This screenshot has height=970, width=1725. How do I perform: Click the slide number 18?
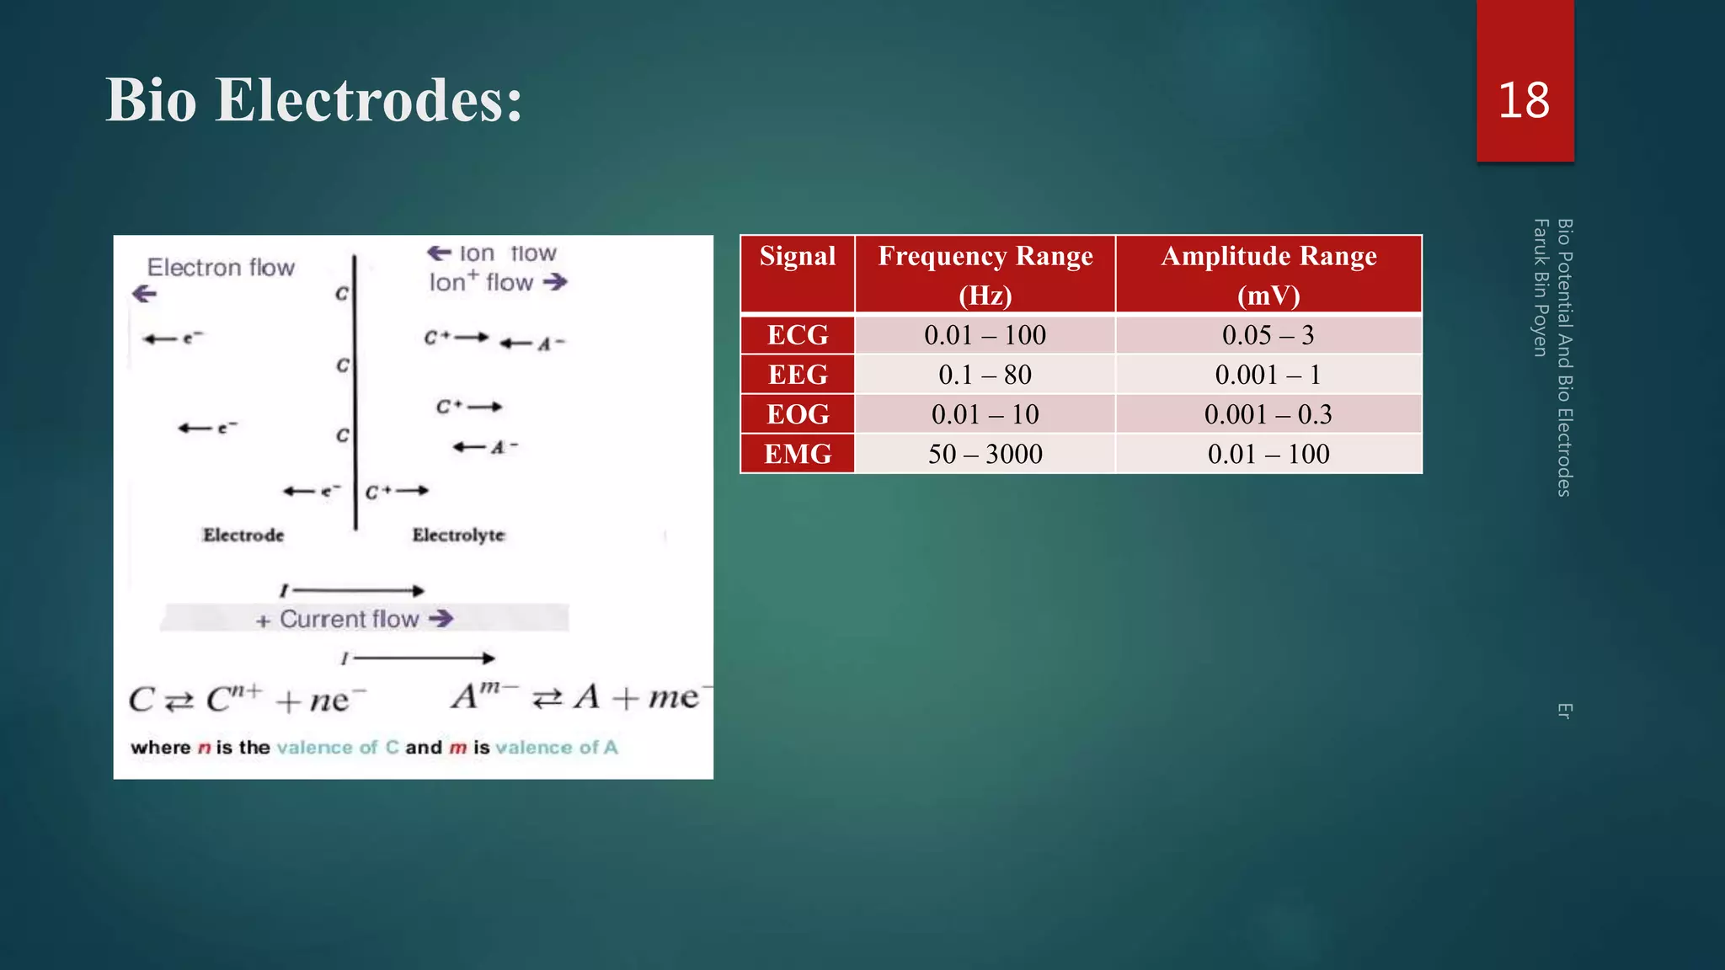point(1524,100)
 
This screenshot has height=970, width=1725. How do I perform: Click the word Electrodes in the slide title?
point(369,100)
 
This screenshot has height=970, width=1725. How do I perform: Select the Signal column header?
point(798,256)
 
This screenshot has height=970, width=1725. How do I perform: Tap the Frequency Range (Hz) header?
point(985,274)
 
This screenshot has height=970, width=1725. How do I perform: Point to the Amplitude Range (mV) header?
point(1268,274)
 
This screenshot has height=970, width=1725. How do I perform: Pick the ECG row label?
point(798,335)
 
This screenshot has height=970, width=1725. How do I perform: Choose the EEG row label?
point(798,375)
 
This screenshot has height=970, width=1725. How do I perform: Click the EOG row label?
point(798,414)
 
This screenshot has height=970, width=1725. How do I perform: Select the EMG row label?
point(798,454)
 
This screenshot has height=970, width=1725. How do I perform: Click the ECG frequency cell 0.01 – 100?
point(985,335)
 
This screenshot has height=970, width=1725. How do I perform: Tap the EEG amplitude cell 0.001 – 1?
point(1268,375)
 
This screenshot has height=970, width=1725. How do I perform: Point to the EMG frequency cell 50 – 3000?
point(985,454)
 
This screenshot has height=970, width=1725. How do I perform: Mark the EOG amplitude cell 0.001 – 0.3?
point(1268,414)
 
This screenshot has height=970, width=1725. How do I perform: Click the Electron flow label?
point(221,268)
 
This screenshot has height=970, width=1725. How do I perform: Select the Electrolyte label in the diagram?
point(458,535)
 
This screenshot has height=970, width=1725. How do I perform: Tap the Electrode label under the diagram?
point(243,535)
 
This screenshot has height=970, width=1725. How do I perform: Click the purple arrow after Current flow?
point(441,619)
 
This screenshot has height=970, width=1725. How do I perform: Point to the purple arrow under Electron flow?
point(145,294)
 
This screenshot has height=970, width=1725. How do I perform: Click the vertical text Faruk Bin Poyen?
point(1541,287)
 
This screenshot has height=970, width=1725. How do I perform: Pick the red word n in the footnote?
point(204,748)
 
